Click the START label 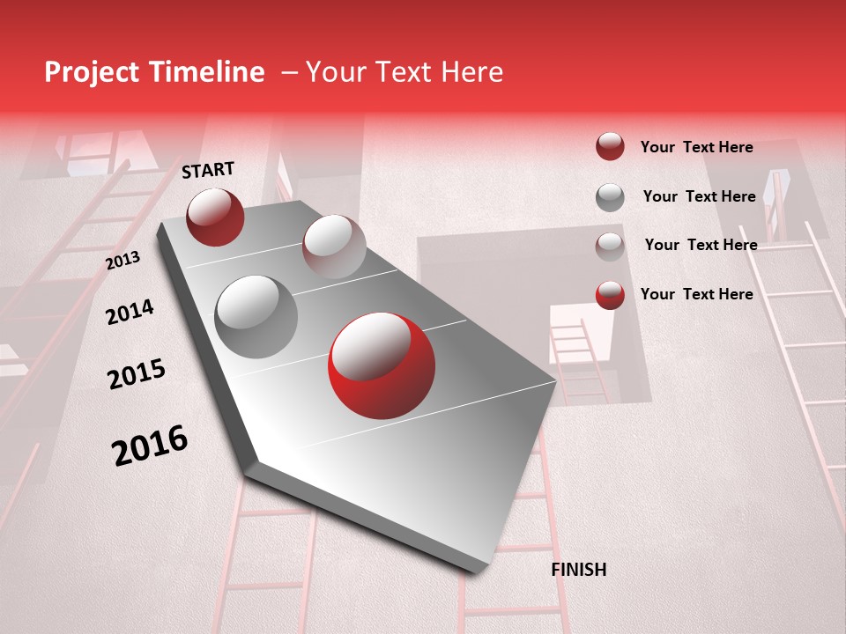(208, 170)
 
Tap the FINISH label (579, 570)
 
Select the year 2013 (122, 260)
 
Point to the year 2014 (130, 312)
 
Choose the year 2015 (137, 374)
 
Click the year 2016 (150, 445)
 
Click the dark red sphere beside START (215, 217)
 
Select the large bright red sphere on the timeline (381, 365)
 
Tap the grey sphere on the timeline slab (256, 317)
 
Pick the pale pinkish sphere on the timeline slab (334, 247)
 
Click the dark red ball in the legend (610, 147)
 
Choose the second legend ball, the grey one (610, 197)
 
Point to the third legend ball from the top (610, 247)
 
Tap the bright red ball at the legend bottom (610, 295)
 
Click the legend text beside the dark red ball (696, 147)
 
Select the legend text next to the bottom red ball (696, 294)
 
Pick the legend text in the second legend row (699, 196)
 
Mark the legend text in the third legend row (701, 245)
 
